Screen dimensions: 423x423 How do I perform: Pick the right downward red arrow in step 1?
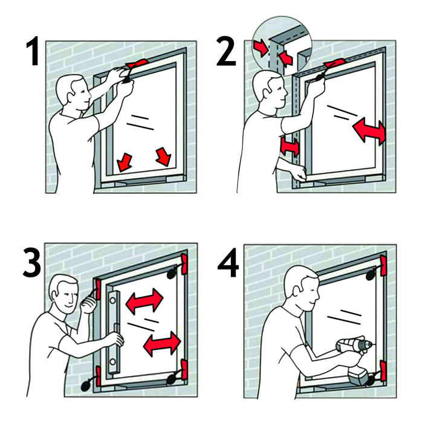(x=163, y=156)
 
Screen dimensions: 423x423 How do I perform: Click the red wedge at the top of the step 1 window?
(x=137, y=63)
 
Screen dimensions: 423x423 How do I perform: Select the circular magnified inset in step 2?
(x=280, y=45)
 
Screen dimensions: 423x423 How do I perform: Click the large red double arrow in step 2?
(x=369, y=132)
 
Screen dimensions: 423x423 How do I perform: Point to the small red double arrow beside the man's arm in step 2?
(x=289, y=146)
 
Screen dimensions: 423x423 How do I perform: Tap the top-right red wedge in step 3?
(x=184, y=263)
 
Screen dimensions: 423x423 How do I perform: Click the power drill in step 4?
(x=354, y=357)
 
